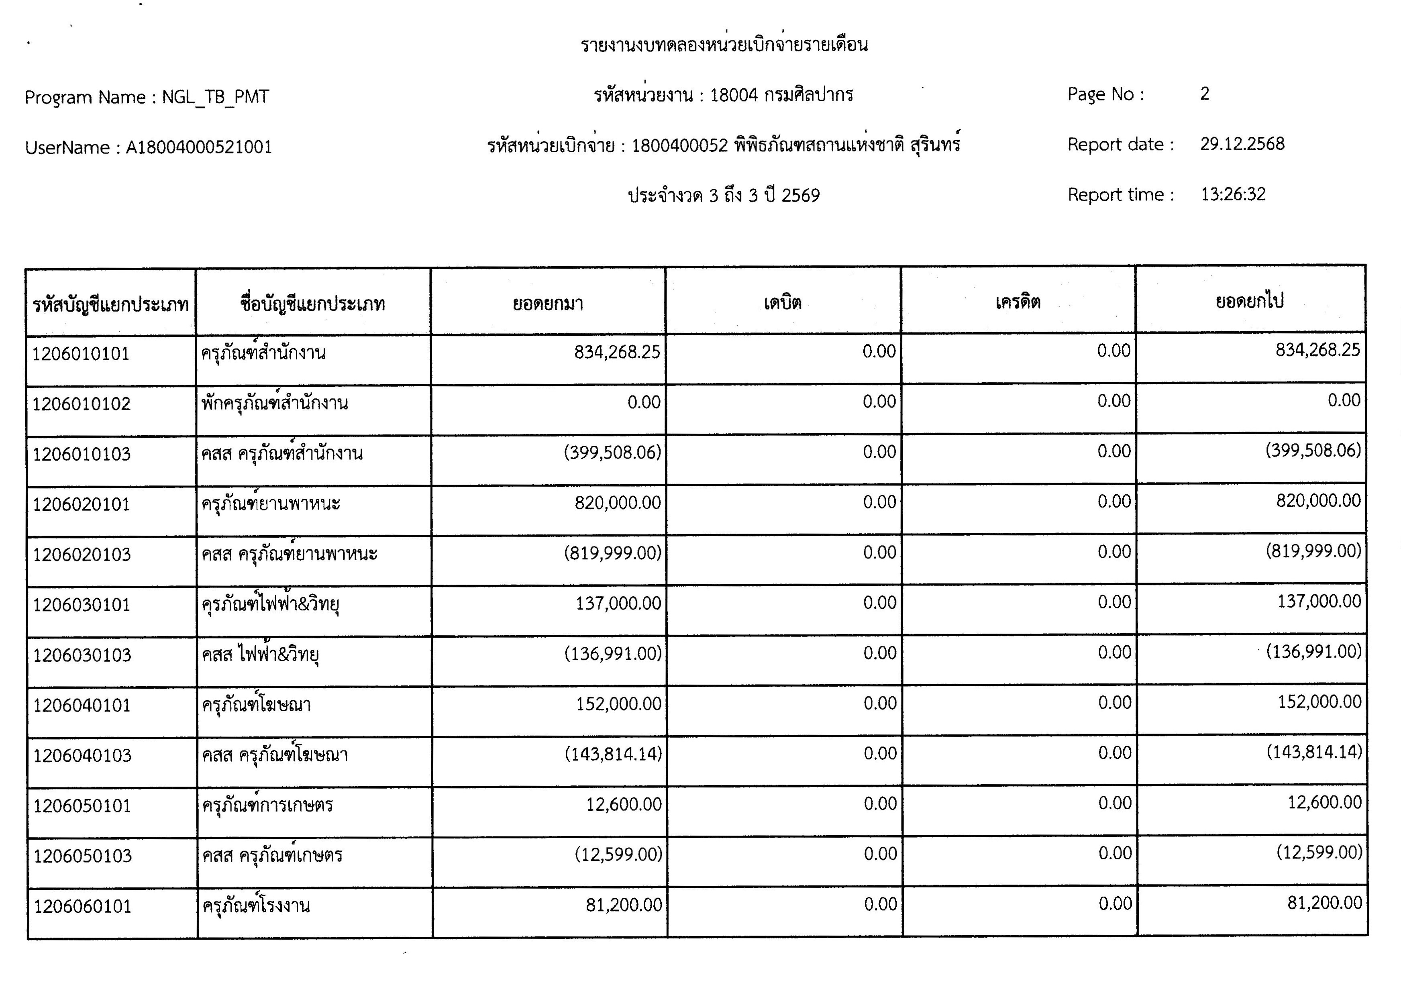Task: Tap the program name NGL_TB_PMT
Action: tap(215, 97)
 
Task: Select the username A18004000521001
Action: tap(198, 147)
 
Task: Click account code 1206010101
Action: tap(81, 354)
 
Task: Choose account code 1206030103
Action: tap(82, 655)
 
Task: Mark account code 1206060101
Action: tap(82, 907)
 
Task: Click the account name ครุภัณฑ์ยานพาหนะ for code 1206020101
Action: tap(270, 504)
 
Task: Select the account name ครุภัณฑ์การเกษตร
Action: tap(267, 806)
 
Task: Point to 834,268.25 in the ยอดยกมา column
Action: tap(617, 352)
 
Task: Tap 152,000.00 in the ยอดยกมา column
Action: tap(618, 704)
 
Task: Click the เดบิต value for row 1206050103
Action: tap(880, 854)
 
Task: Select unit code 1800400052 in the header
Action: tap(679, 146)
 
